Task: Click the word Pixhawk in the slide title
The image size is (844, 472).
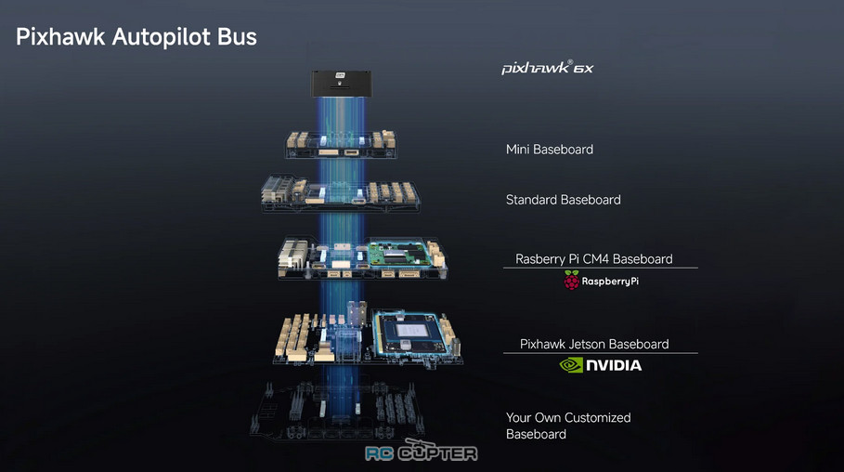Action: [60, 36]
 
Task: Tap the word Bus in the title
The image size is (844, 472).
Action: [237, 36]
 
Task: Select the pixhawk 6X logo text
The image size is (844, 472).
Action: [548, 67]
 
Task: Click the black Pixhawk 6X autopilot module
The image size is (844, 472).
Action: [341, 84]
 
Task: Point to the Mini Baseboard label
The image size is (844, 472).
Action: [550, 150]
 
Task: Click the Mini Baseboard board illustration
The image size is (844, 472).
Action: [341, 144]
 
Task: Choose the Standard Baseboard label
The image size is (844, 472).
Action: [563, 200]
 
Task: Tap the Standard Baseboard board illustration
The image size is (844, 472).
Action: [341, 193]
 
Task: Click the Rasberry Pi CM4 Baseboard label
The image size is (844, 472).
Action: [593, 258]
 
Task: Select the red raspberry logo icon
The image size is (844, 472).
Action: [571, 281]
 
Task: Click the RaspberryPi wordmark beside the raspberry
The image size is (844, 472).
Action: [610, 282]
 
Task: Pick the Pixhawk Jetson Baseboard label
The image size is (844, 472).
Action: [594, 344]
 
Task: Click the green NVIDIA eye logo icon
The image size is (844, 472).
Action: [571, 365]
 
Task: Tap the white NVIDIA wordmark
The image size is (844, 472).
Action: [614, 365]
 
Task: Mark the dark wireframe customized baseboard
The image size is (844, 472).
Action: [338, 411]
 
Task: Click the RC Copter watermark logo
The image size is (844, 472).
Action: [422, 452]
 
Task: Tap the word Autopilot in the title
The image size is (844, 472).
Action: [162, 36]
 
